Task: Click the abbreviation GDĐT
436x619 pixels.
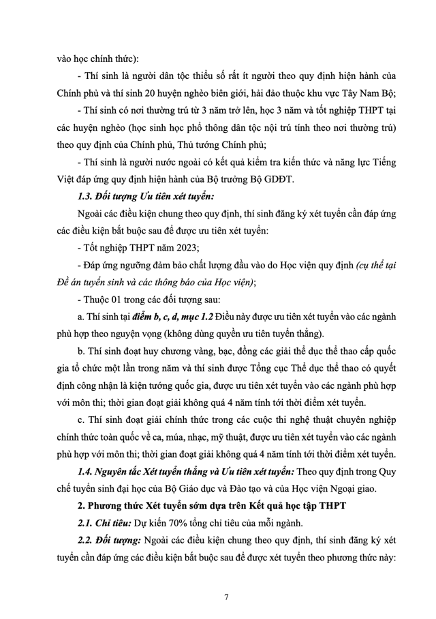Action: (x=277, y=179)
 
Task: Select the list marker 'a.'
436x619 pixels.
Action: (x=82, y=317)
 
